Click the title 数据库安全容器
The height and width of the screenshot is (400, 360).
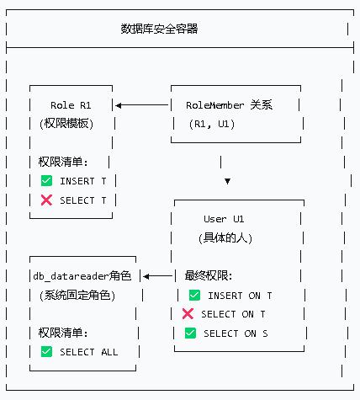click(x=159, y=29)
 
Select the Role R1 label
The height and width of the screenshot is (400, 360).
click(x=71, y=105)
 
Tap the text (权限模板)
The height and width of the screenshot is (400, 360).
click(x=66, y=124)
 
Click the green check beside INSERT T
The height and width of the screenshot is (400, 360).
click(x=46, y=181)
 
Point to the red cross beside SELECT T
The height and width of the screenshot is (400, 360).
click(x=46, y=200)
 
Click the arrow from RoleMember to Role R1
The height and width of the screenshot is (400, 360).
click(x=141, y=105)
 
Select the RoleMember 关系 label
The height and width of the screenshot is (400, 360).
click(x=230, y=105)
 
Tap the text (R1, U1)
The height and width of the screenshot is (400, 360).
click(x=212, y=124)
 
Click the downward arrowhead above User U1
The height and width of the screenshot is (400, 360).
click(x=227, y=181)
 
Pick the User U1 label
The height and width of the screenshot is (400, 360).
click(x=224, y=219)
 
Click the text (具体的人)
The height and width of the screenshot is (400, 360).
click(x=225, y=238)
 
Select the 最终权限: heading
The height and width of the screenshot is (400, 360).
click(x=209, y=276)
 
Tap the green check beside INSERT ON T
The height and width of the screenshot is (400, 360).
click(x=194, y=296)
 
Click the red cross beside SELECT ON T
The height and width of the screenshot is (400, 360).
click(x=188, y=314)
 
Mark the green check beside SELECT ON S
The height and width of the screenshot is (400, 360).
click(x=190, y=333)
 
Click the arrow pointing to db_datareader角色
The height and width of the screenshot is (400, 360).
click(x=157, y=276)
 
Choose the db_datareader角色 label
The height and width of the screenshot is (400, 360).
click(x=82, y=276)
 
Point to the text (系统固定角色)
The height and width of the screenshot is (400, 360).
click(x=77, y=296)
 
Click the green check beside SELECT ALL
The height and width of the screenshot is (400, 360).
click(x=46, y=352)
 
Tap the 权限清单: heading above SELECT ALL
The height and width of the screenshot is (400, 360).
click(x=63, y=333)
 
